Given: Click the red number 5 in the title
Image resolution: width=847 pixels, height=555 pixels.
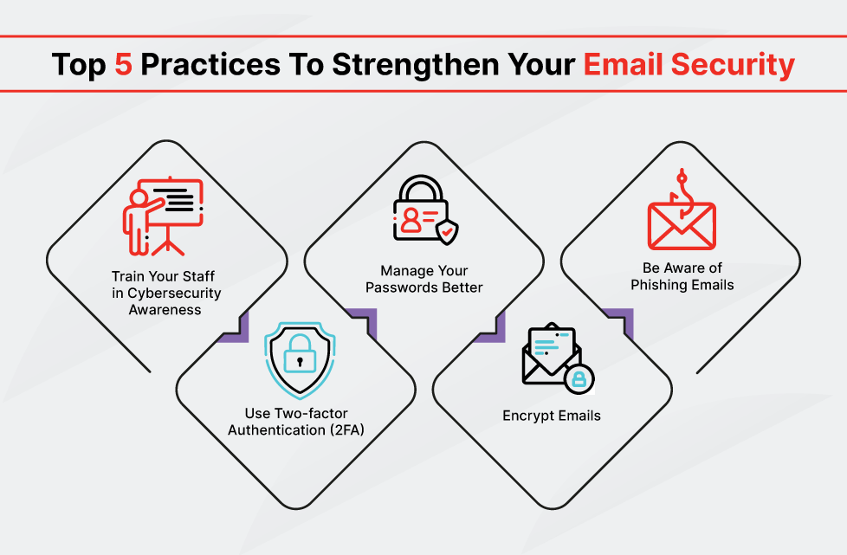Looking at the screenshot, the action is pyautogui.click(x=124, y=64).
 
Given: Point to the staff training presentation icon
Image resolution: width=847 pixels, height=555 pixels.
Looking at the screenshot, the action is pyautogui.click(x=163, y=216).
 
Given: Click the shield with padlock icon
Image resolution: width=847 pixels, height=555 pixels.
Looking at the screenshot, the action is pyautogui.click(x=300, y=360).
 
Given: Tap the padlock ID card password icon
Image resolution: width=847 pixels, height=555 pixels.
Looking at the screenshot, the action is pyautogui.click(x=425, y=210).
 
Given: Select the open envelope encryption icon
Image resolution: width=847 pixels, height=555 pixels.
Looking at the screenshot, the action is pyautogui.click(x=558, y=358).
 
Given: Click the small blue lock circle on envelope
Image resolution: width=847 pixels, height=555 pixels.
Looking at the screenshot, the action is pyautogui.click(x=579, y=378).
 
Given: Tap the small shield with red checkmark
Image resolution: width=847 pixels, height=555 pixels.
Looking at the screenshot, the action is pyautogui.click(x=447, y=232).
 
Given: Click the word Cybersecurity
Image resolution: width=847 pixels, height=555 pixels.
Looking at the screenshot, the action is pyautogui.click(x=174, y=294).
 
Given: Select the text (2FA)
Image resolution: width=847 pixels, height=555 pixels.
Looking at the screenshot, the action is pyautogui.click(x=346, y=429).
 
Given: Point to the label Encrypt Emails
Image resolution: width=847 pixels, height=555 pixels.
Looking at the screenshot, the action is pyautogui.click(x=552, y=416).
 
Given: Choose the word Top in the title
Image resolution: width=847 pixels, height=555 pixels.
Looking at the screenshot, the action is pyautogui.click(x=79, y=65).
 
